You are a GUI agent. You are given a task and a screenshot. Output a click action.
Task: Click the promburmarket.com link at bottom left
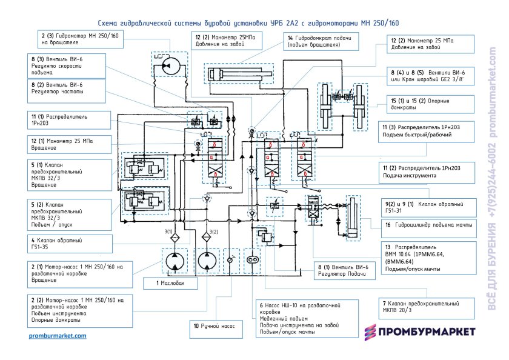click(58, 335)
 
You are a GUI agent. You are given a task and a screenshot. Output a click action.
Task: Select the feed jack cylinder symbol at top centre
click(237, 75)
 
